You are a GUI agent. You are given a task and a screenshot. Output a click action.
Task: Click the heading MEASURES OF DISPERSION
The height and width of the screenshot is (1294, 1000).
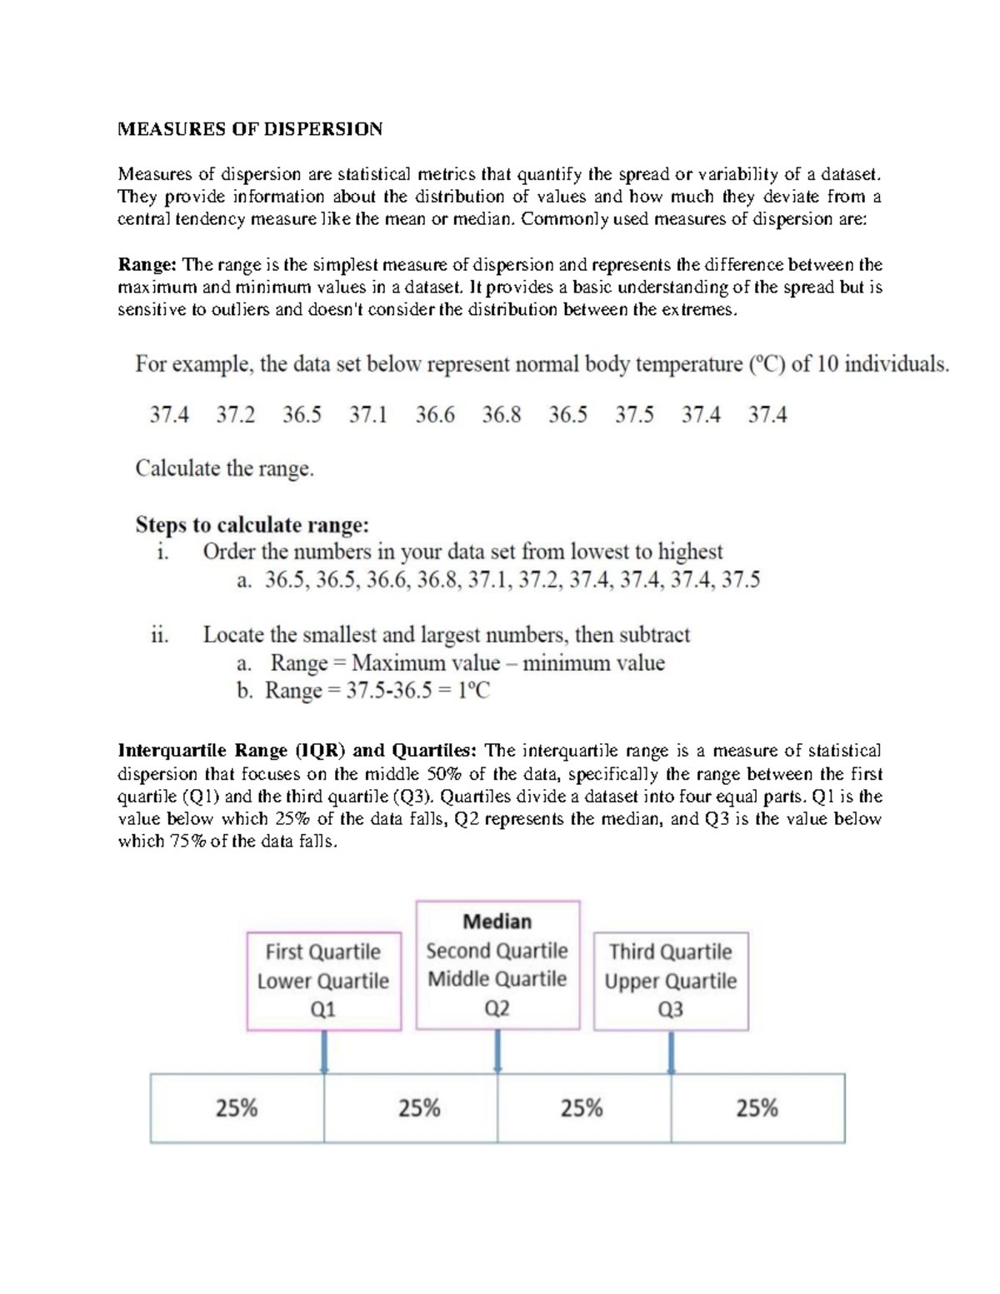click(250, 129)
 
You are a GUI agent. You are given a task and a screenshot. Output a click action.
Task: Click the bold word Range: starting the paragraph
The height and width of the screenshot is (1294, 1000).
click(147, 265)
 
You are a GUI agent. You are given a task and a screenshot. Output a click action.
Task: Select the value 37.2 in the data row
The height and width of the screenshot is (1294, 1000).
click(236, 415)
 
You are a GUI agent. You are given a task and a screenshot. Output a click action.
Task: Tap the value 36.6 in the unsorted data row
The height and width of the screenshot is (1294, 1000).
click(435, 415)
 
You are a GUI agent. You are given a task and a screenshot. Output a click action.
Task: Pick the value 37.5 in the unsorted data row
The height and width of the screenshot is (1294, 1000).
click(634, 415)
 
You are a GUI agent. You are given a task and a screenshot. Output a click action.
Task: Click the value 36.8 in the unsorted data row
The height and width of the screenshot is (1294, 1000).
click(502, 415)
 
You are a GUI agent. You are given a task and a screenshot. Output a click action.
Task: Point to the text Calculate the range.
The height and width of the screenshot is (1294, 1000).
click(225, 468)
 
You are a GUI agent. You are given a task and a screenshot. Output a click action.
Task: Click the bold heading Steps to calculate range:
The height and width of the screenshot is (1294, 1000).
click(252, 525)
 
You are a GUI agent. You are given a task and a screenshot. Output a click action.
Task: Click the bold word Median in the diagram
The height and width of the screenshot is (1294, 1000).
click(497, 922)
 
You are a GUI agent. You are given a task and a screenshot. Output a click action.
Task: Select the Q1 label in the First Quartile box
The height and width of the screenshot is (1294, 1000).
click(322, 1010)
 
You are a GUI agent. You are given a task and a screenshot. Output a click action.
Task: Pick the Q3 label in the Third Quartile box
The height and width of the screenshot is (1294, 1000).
click(670, 1010)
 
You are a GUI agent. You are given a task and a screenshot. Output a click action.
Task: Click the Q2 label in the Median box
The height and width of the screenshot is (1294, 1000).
click(497, 1009)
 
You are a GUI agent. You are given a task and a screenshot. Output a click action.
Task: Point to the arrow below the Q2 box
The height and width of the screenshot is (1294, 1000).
click(497, 1052)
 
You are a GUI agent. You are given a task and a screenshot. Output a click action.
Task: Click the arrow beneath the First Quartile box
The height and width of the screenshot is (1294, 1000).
click(324, 1052)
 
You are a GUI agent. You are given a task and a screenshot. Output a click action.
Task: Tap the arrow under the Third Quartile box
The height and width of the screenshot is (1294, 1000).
click(671, 1052)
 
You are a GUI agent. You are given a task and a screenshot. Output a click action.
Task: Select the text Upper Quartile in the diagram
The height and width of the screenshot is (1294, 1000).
click(670, 981)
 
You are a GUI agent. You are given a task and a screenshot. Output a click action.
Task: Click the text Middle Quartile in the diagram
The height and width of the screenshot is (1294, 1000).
click(497, 979)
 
